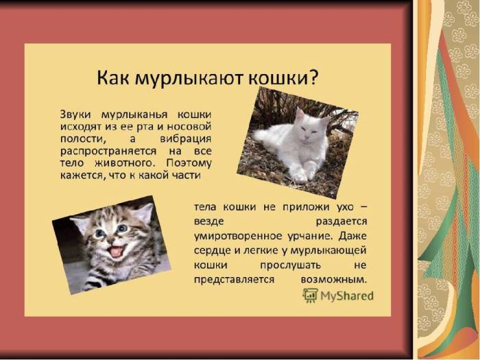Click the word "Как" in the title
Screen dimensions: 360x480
click(x=113, y=77)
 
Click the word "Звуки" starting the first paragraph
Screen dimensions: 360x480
click(x=77, y=114)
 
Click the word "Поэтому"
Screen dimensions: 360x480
click(x=189, y=163)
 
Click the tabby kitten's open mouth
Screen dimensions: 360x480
click(x=117, y=251)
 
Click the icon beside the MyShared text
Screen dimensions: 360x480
click(x=310, y=296)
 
